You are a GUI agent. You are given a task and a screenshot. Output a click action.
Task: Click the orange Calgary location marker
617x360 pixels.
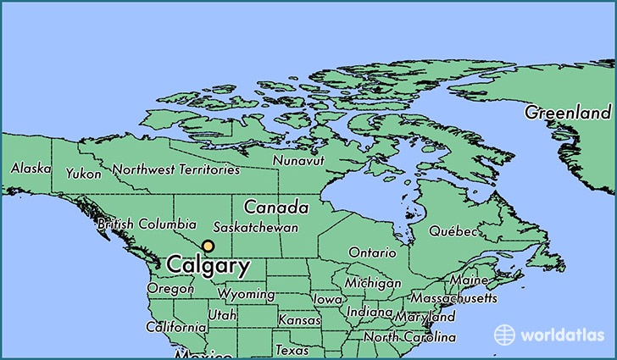point(208,246)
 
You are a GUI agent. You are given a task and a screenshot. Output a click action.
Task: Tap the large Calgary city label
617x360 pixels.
point(208,266)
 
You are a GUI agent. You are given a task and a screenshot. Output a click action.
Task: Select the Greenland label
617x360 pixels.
point(567,113)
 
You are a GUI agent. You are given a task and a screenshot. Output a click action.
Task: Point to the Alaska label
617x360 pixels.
point(30,169)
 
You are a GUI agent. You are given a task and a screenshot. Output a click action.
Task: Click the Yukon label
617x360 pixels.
point(83,174)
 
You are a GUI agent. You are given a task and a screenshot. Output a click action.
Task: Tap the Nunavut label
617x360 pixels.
point(297,160)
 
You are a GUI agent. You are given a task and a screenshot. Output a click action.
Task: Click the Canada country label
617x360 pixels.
point(275,207)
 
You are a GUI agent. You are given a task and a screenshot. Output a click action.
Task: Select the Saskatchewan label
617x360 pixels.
point(255,228)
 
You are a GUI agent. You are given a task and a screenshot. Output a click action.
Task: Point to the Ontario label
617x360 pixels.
point(371,252)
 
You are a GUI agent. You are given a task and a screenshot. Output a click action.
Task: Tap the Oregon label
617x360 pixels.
point(170,289)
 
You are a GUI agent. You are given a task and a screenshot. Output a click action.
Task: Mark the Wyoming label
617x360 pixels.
point(246,295)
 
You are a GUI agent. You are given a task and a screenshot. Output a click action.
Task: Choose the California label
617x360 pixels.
point(176,327)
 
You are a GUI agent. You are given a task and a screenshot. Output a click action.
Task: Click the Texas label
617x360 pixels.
point(292,350)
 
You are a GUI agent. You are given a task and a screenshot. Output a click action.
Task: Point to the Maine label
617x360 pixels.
point(469,280)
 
